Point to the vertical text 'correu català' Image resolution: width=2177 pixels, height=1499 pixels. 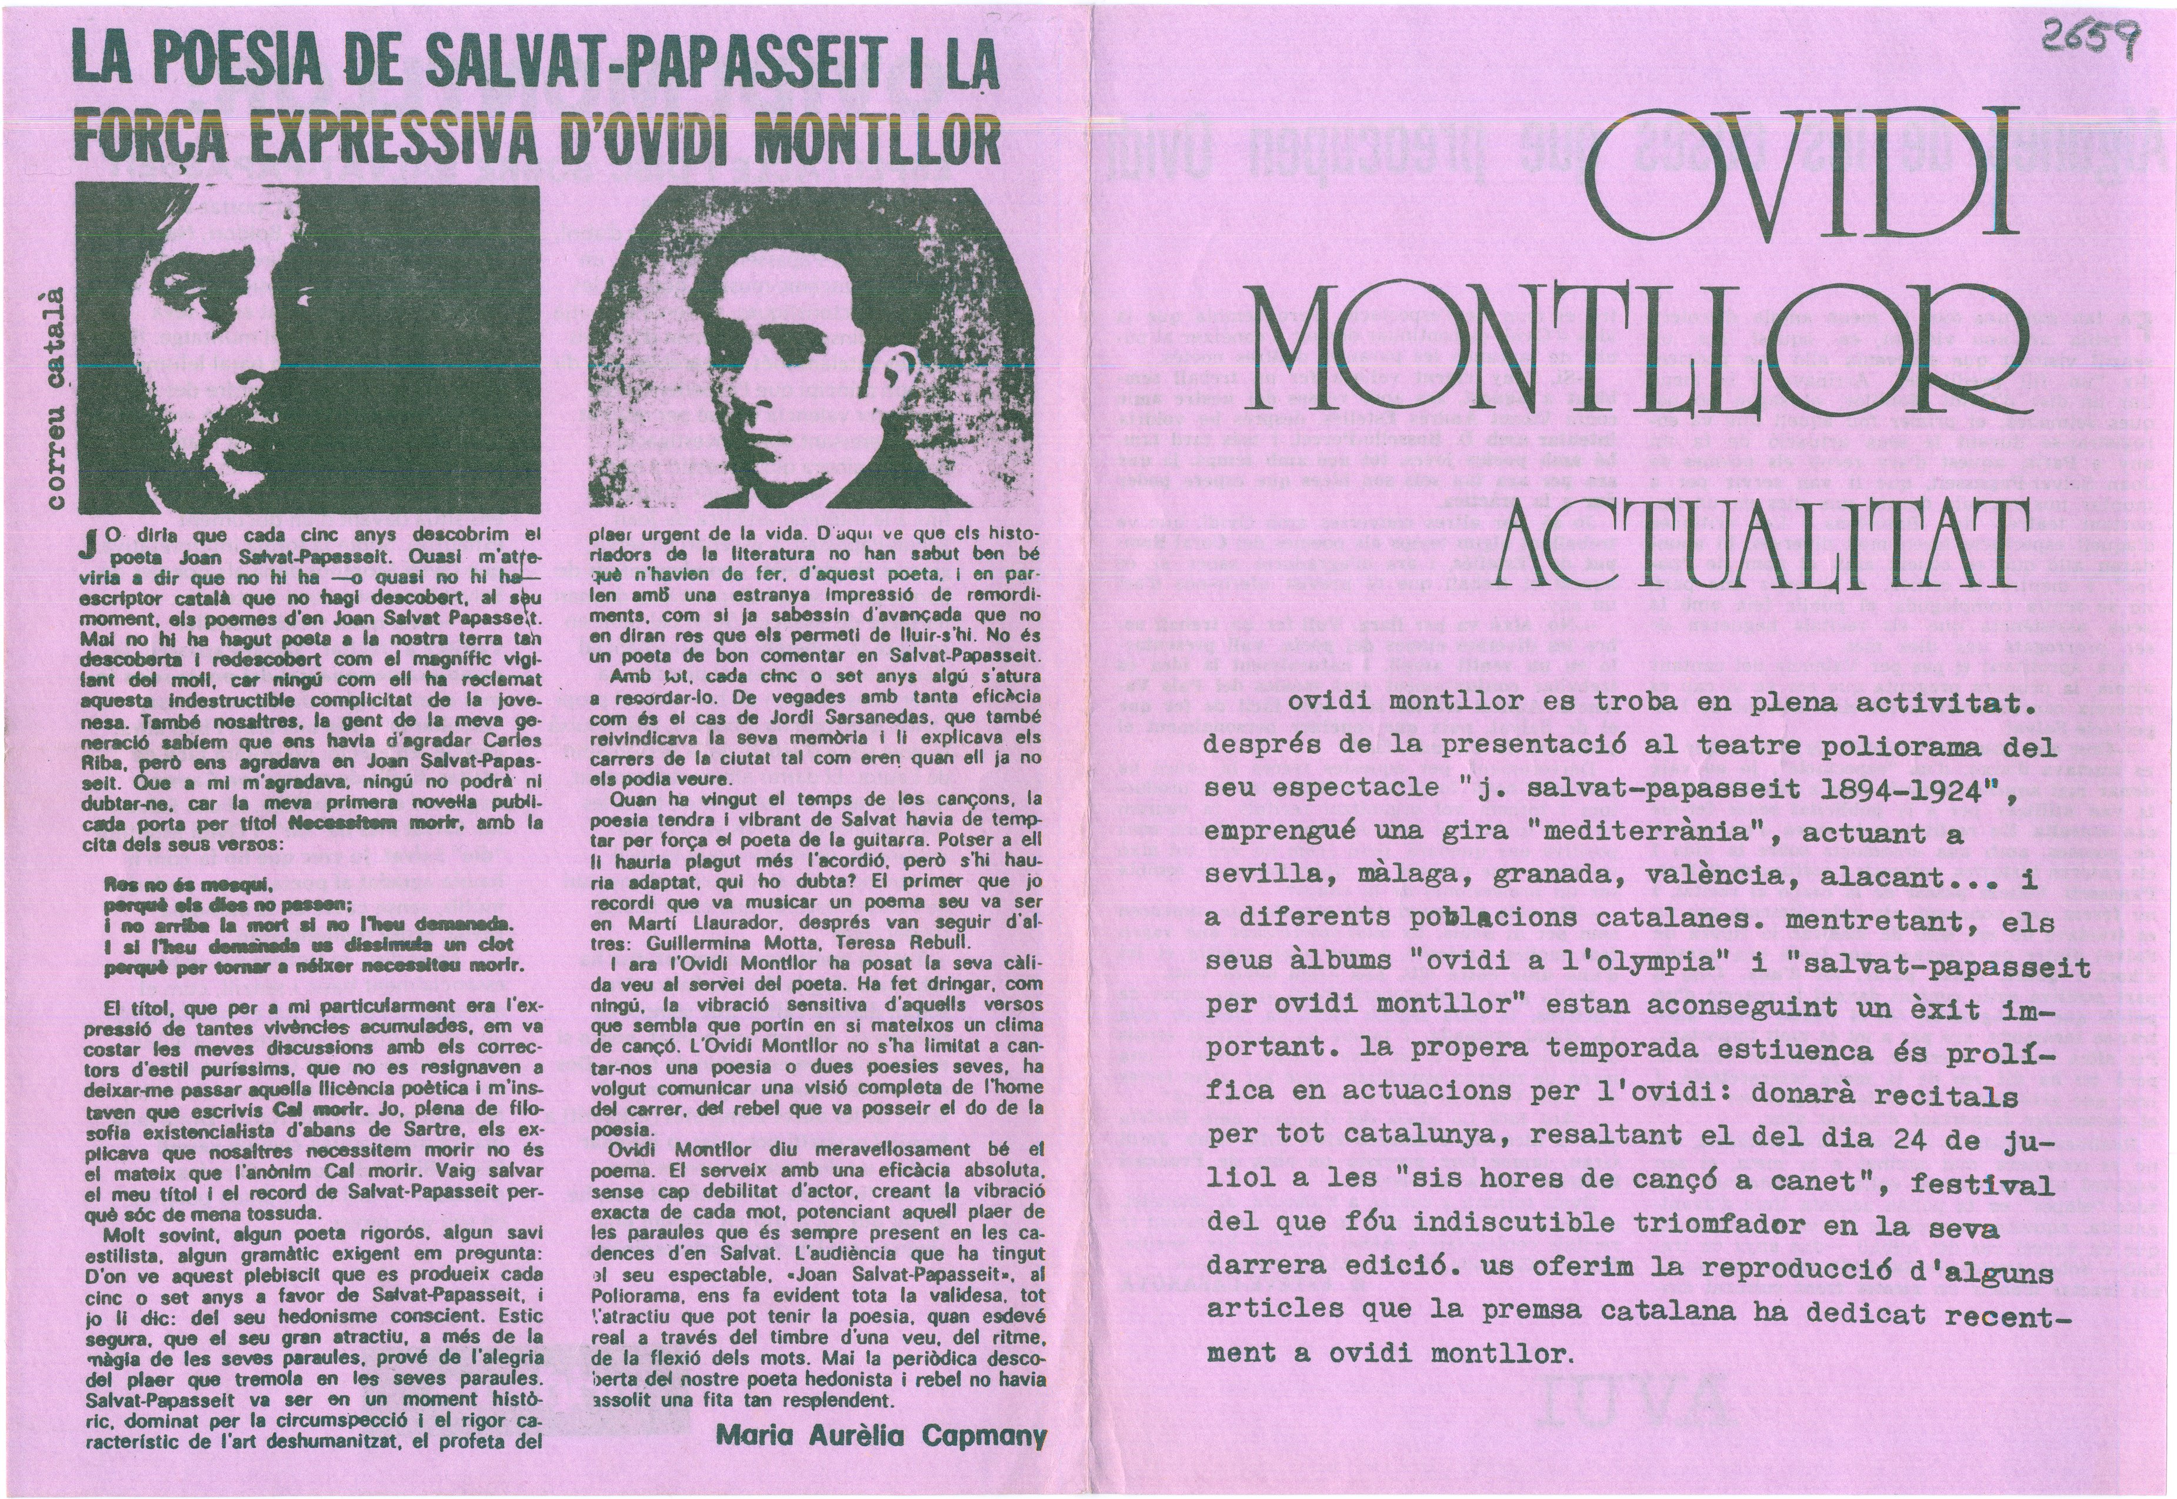point(57,399)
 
